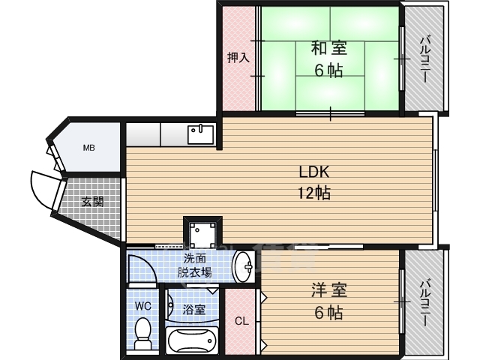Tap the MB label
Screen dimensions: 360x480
pyautogui.click(x=88, y=147)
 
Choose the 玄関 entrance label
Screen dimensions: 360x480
pyautogui.click(x=93, y=201)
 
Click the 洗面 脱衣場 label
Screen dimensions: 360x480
pyautogui.click(x=194, y=266)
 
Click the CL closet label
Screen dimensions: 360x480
pyautogui.click(x=241, y=322)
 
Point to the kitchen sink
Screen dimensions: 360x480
pyautogui.click(x=201, y=134)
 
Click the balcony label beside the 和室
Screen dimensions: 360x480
pyautogui.click(x=424, y=60)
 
